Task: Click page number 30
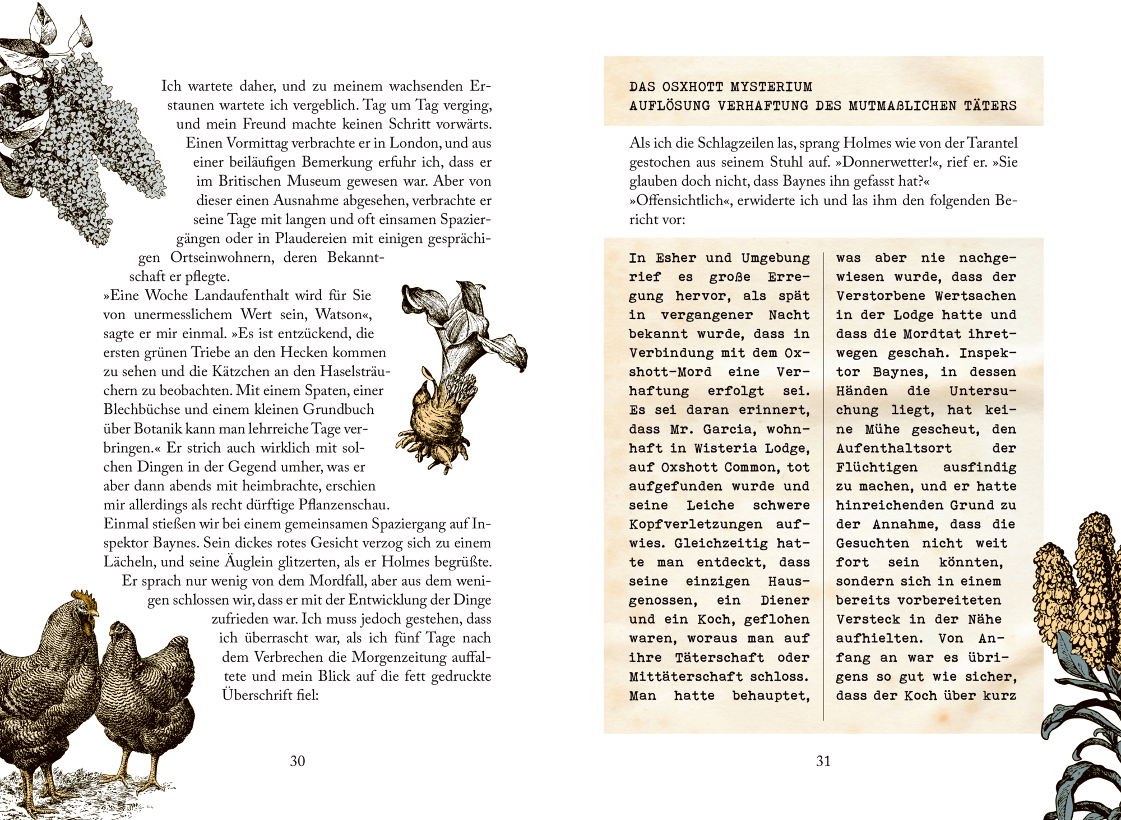(x=297, y=761)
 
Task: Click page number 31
(x=823, y=761)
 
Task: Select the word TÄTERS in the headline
(x=990, y=105)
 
